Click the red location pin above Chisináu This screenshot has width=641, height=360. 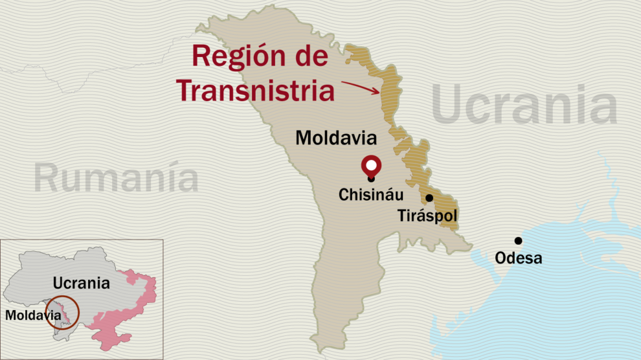click(x=371, y=164)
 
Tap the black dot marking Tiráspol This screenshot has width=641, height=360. click(x=429, y=198)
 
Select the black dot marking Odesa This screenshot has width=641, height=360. click(x=518, y=241)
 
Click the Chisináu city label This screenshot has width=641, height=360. click(x=371, y=194)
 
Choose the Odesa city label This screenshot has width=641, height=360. click(x=518, y=259)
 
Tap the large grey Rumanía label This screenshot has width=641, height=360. click(x=117, y=178)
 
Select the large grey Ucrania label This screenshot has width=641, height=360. click(x=524, y=107)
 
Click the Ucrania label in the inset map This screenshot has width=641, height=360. click(x=82, y=283)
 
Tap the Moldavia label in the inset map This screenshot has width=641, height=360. click(x=30, y=315)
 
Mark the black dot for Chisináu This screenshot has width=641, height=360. click(x=371, y=179)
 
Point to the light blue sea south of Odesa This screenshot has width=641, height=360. click(x=550, y=304)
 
